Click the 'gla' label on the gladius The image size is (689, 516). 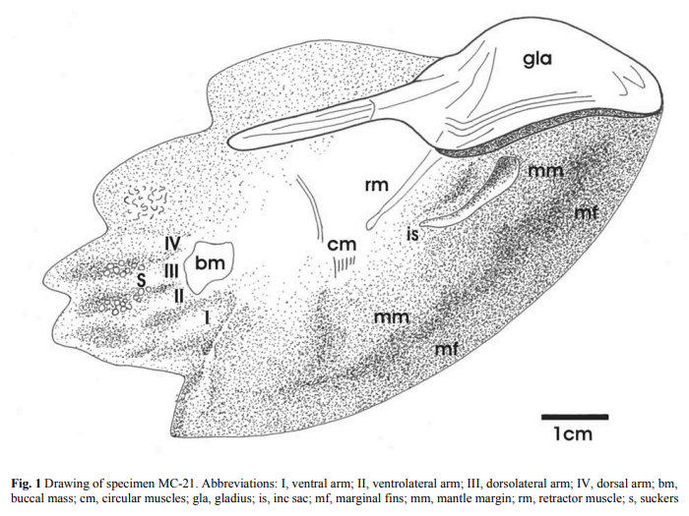[537, 60]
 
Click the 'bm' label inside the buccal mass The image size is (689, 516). [210, 263]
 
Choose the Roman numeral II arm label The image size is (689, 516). [179, 293]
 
